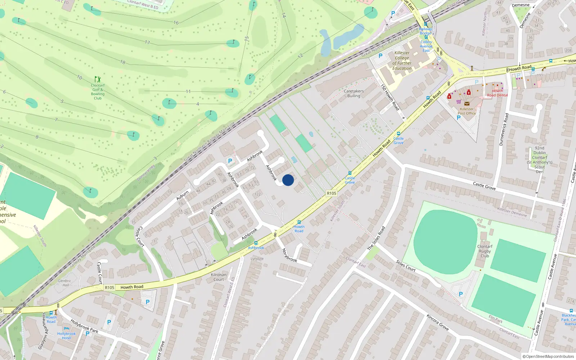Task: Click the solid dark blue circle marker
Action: (x=288, y=180)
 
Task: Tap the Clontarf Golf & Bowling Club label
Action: (x=98, y=92)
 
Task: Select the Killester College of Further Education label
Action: (x=402, y=60)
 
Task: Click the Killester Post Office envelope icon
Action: (x=467, y=104)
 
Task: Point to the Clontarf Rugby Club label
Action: (x=485, y=251)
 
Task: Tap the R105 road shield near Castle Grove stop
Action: (x=332, y=193)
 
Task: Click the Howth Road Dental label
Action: (x=497, y=93)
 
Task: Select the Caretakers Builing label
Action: (x=354, y=93)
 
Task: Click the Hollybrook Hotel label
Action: (x=67, y=336)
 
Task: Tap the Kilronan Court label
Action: (x=219, y=277)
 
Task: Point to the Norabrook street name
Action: (x=289, y=255)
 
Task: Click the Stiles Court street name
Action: (x=406, y=266)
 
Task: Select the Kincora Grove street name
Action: (x=437, y=322)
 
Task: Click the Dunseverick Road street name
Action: (x=504, y=129)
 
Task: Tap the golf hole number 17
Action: (x=147, y=42)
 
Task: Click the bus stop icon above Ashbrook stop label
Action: (x=256, y=243)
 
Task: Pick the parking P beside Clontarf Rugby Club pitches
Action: (x=461, y=294)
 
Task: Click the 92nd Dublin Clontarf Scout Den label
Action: (x=539, y=159)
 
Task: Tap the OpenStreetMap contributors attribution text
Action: (x=548, y=356)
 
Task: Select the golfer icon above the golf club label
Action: (x=97, y=79)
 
